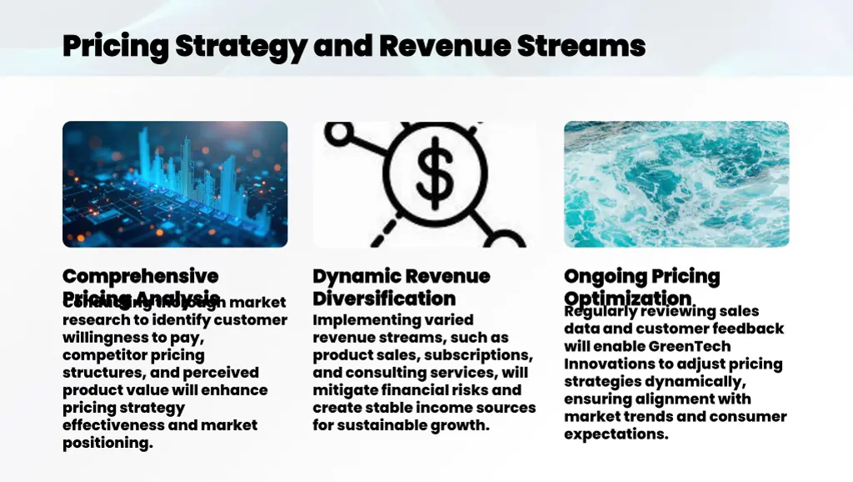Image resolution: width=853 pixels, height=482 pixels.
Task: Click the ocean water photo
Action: [676, 183]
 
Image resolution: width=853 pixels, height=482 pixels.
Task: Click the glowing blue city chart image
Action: [175, 183]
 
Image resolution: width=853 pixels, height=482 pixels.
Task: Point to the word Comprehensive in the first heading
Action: [140, 276]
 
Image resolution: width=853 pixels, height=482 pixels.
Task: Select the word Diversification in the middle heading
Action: [384, 299]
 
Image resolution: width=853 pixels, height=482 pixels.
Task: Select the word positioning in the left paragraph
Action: [107, 443]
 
